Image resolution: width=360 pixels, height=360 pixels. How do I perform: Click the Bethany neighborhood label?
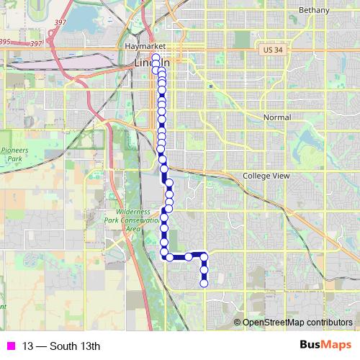[315, 11]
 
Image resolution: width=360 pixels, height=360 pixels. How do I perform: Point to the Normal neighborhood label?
[277, 117]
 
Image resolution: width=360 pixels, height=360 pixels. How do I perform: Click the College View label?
[266, 176]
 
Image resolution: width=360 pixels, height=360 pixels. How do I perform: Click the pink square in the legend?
[9, 346]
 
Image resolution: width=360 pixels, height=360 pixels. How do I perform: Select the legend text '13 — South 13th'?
[60, 346]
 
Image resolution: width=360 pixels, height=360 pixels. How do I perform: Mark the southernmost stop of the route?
[204, 283]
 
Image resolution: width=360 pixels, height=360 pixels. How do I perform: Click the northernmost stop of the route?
[156, 57]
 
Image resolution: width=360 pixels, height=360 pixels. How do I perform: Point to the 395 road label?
[4, 42]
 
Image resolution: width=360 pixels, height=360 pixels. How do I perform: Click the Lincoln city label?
[148, 63]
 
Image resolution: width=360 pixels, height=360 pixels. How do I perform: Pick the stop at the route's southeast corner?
[204, 256]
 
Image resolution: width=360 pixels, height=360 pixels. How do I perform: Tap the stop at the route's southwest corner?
[169, 256]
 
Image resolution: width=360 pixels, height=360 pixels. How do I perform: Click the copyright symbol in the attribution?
[238, 322]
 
